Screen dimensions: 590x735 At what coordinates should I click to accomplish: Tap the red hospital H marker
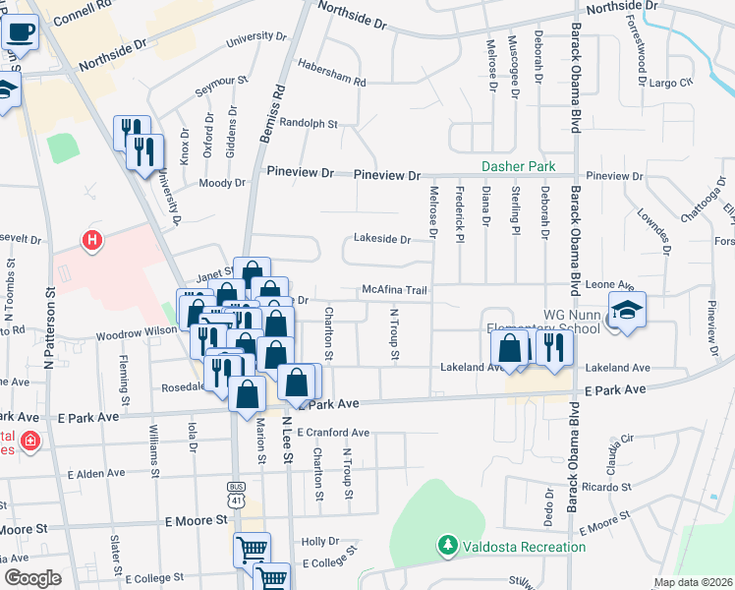click(91, 239)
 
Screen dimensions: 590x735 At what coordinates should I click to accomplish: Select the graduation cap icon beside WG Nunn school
click(627, 310)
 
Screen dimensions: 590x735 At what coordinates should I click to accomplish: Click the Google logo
click(32, 577)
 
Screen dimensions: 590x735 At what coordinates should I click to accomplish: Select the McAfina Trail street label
click(393, 290)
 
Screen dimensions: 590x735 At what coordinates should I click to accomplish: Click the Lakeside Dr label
click(382, 239)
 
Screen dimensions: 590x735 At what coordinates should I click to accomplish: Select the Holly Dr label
click(320, 542)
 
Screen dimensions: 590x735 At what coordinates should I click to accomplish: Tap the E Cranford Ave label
click(332, 432)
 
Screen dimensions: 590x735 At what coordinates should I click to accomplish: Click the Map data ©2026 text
click(694, 582)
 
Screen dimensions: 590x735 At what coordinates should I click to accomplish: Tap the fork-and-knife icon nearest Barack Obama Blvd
click(553, 349)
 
